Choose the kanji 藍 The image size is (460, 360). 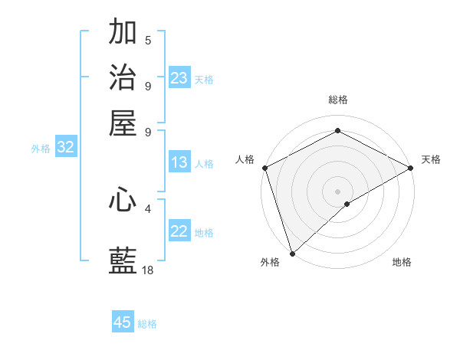click(123, 260)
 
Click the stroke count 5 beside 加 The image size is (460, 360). click(148, 41)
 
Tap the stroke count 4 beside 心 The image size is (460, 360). click(148, 208)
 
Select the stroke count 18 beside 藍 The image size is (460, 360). click(148, 270)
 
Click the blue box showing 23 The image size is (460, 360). click(179, 77)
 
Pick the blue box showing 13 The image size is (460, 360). click(179, 162)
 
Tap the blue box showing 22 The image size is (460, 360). click(179, 231)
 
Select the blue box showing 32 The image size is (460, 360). click(65, 148)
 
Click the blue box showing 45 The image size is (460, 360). click(123, 322)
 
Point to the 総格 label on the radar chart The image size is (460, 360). click(338, 100)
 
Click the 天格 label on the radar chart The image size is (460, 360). click(431, 159)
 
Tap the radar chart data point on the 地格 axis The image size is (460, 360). click(347, 204)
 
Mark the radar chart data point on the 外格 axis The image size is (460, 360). click(292, 253)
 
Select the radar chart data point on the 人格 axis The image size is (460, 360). click(264, 168)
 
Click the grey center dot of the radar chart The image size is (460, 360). click(337, 191)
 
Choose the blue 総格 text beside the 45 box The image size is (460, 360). click(147, 324)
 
